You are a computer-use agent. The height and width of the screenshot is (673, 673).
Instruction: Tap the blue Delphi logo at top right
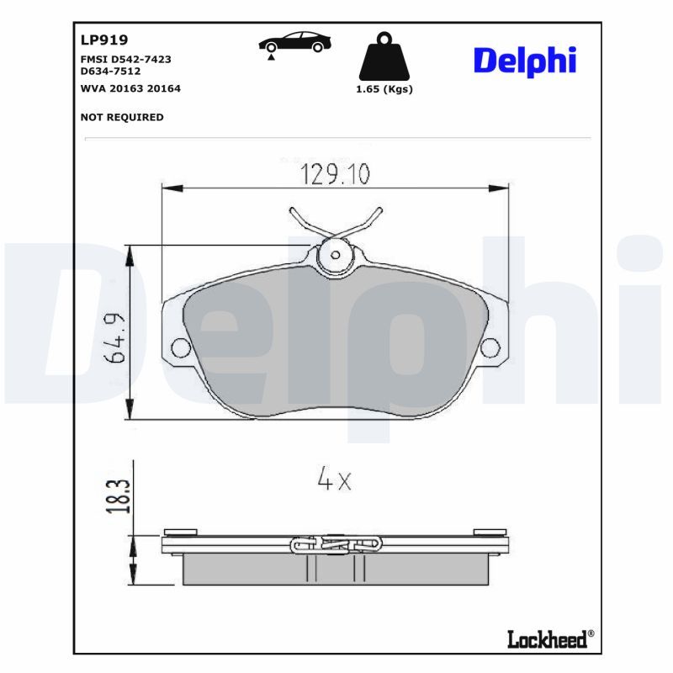click(525, 60)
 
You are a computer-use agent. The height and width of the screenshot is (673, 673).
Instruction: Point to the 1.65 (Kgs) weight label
click(385, 89)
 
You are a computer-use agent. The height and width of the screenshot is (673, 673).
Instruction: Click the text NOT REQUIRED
click(122, 117)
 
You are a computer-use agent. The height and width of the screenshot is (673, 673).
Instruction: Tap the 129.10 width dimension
click(335, 173)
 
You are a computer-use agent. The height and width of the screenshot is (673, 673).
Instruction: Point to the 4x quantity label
click(333, 480)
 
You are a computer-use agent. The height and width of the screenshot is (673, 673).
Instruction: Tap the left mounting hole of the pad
click(179, 347)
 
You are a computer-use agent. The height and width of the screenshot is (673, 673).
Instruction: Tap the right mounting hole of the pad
click(490, 347)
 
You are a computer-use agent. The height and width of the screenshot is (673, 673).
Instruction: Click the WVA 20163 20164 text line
click(130, 87)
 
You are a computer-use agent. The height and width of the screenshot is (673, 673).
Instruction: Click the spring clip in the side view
click(335, 544)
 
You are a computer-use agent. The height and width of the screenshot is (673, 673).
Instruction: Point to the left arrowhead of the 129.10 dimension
click(167, 186)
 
